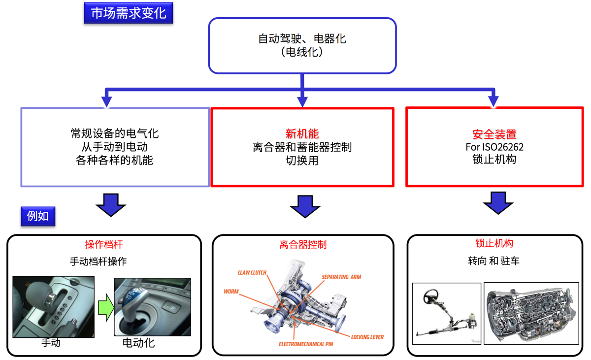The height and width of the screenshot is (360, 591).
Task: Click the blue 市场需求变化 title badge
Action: point(129,13)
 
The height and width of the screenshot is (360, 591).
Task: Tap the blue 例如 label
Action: point(37,216)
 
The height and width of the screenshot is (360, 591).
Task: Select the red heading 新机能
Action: point(302,134)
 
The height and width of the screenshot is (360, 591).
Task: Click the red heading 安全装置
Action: point(494,134)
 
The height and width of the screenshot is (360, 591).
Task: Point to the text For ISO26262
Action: point(494,147)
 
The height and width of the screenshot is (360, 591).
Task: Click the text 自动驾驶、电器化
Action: point(302,38)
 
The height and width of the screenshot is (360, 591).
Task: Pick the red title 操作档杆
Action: point(103,245)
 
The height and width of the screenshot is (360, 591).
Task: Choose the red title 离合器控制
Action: point(302,245)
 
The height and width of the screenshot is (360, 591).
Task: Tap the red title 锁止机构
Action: point(494,243)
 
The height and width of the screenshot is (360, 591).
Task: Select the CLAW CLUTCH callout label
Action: point(252,273)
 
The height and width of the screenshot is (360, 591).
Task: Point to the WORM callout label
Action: point(231,292)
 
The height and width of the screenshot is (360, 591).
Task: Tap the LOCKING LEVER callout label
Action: point(367,337)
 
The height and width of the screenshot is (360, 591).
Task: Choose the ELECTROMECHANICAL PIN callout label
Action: point(306,344)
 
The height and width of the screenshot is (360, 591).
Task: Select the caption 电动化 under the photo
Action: point(138,343)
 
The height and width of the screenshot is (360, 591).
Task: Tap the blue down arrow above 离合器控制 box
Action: point(305,206)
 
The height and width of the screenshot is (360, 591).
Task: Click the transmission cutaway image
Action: point(531,313)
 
